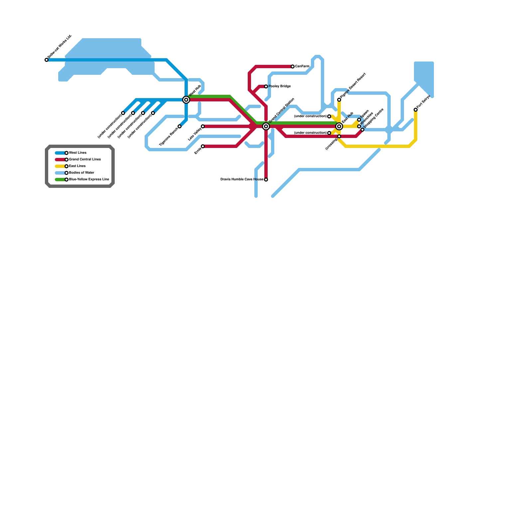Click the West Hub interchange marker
click(186, 100)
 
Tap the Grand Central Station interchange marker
click(266, 126)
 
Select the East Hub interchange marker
click(339, 126)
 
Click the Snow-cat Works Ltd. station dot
click(47, 60)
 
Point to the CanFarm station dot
click(293, 66)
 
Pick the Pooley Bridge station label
click(280, 86)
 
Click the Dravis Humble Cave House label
click(242, 180)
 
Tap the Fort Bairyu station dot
click(416, 110)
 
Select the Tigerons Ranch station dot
click(180, 126)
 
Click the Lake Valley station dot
click(203, 126)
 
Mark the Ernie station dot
click(203, 146)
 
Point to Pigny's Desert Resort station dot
click(339, 100)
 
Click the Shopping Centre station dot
click(362, 130)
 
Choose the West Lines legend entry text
click(78, 153)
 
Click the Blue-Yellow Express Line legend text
click(89, 180)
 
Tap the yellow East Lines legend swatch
click(60, 166)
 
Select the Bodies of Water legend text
click(82, 173)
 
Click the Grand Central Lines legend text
click(85, 160)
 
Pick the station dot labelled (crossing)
click(339, 136)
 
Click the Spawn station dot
click(359, 120)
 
